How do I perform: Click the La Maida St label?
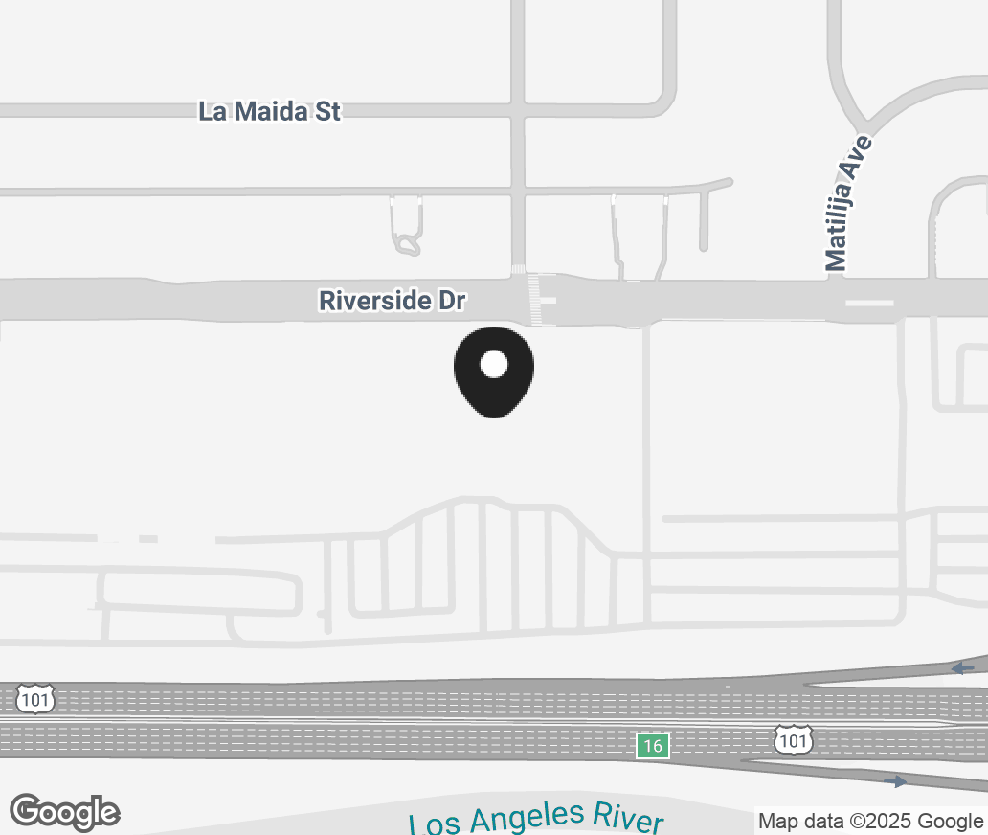click(269, 111)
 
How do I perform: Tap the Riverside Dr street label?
click(392, 301)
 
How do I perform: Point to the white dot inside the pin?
click(493, 364)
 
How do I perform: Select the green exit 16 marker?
click(652, 746)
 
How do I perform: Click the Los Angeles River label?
click(536, 820)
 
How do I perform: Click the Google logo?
click(65, 812)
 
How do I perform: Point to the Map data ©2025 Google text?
click(870, 821)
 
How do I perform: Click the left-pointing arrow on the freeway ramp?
click(962, 667)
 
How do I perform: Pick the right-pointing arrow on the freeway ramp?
click(895, 782)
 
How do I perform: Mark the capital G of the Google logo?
click(27, 811)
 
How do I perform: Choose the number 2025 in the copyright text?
click(898, 821)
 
